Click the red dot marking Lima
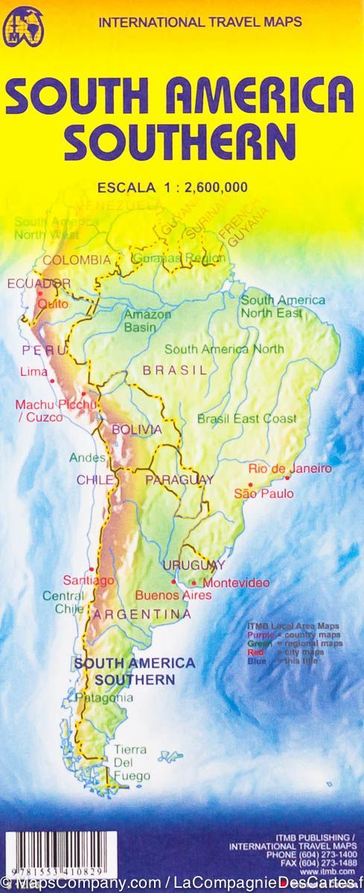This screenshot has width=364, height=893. [x=53, y=382]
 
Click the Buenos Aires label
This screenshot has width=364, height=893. [x=173, y=595]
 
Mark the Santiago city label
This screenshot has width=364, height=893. [x=99, y=580]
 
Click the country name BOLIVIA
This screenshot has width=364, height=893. [x=136, y=429]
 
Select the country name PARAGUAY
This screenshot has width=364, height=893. [x=179, y=480]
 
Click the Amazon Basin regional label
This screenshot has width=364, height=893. [x=147, y=321]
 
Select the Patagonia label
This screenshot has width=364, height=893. [x=104, y=698]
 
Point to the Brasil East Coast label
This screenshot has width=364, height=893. [x=246, y=419]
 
